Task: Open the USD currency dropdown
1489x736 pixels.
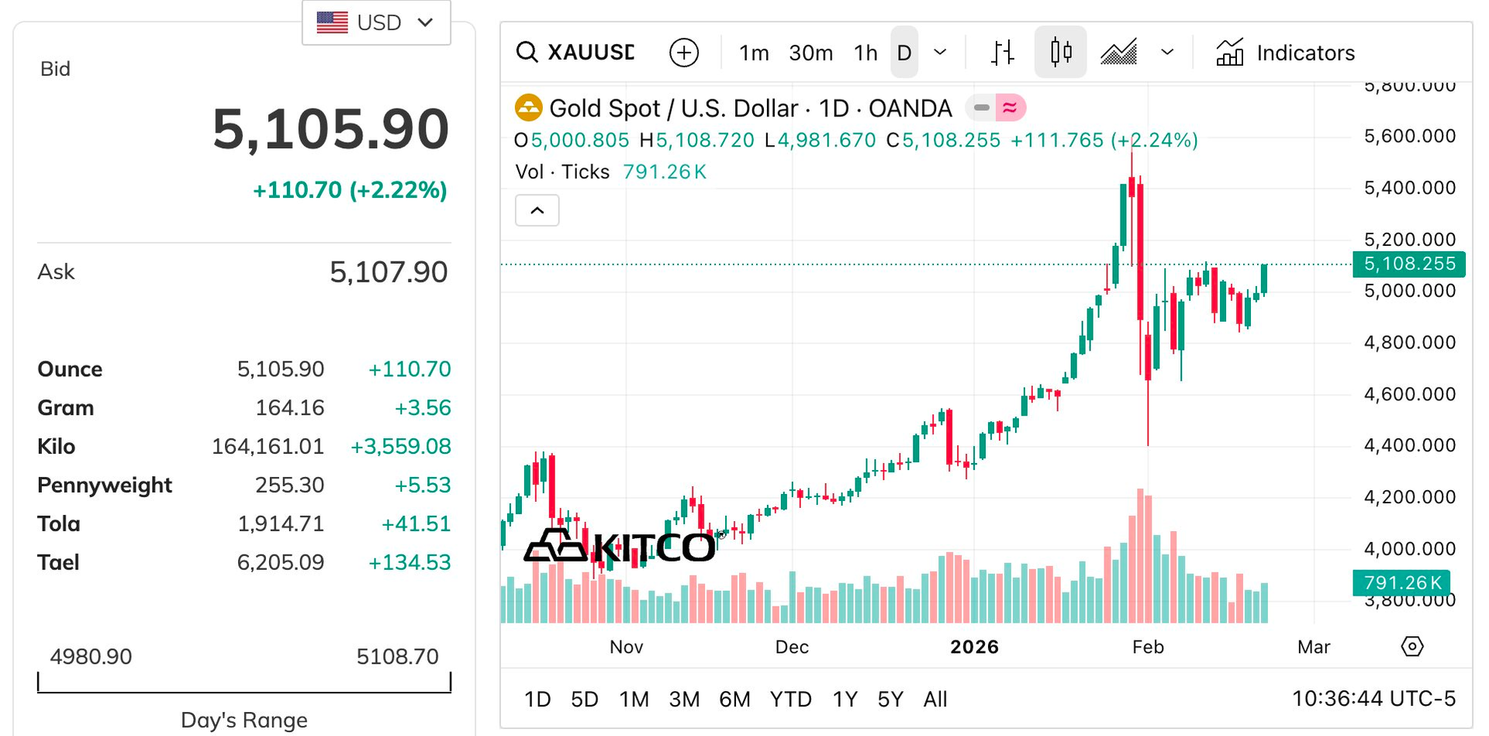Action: pyautogui.click(x=376, y=22)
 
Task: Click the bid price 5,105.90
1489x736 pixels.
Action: pyautogui.click(x=330, y=130)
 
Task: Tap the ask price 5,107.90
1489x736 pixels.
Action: pyautogui.click(x=389, y=272)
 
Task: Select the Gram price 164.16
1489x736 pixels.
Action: pyautogui.click(x=289, y=408)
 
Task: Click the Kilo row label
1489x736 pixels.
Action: pyautogui.click(x=57, y=447)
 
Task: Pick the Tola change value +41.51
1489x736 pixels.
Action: pyautogui.click(x=416, y=524)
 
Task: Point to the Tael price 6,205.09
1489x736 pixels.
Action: pyautogui.click(x=280, y=562)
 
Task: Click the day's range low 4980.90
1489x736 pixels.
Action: pyautogui.click(x=91, y=657)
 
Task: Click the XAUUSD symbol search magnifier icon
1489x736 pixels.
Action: pyautogui.click(x=527, y=53)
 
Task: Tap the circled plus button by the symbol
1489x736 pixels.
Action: pyautogui.click(x=683, y=53)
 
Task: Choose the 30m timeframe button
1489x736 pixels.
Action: pyautogui.click(x=810, y=53)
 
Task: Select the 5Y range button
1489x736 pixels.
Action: pyautogui.click(x=890, y=700)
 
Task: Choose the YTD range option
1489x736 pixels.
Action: pyautogui.click(x=790, y=700)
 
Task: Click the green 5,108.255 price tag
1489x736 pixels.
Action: pyautogui.click(x=1408, y=264)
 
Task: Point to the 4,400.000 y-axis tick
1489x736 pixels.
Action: pyautogui.click(x=1409, y=445)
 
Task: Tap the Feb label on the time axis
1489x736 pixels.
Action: pyautogui.click(x=1148, y=647)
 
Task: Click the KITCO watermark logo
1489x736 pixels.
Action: pyautogui.click(x=620, y=547)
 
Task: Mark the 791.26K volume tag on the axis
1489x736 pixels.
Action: pyautogui.click(x=1401, y=582)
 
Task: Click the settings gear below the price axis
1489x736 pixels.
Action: pyautogui.click(x=1412, y=647)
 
